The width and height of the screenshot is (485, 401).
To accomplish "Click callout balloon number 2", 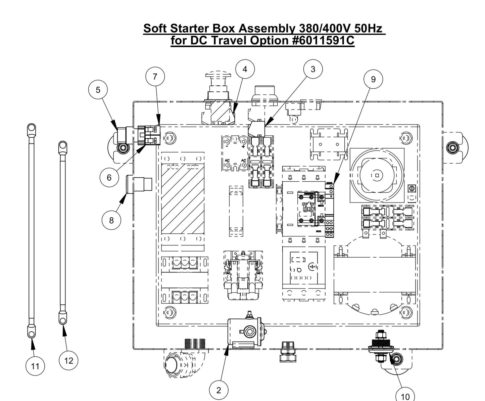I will click(219, 390).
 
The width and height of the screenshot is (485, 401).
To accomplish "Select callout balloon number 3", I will click(313, 69).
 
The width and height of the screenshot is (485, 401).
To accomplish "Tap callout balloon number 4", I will click(245, 69).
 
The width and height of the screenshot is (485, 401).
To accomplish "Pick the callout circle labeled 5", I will click(98, 90).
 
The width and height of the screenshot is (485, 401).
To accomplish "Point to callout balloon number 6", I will click(109, 177).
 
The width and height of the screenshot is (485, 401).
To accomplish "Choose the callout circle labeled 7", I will click(155, 77).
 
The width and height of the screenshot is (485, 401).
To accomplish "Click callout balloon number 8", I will click(111, 220).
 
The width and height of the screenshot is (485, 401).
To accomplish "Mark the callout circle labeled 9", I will click(373, 79).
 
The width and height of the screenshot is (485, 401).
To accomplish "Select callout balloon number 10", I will click(405, 396).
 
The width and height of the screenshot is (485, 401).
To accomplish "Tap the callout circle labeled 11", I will click(35, 366).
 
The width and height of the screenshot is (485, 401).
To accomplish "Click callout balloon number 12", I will click(68, 361).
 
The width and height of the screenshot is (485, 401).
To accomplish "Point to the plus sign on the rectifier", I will click(243, 147).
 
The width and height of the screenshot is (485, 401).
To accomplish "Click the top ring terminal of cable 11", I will click(31, 128).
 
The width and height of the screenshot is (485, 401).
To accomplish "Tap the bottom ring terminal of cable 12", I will click(62, 320).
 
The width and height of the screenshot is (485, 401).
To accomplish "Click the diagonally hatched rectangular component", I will click(183, 200).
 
